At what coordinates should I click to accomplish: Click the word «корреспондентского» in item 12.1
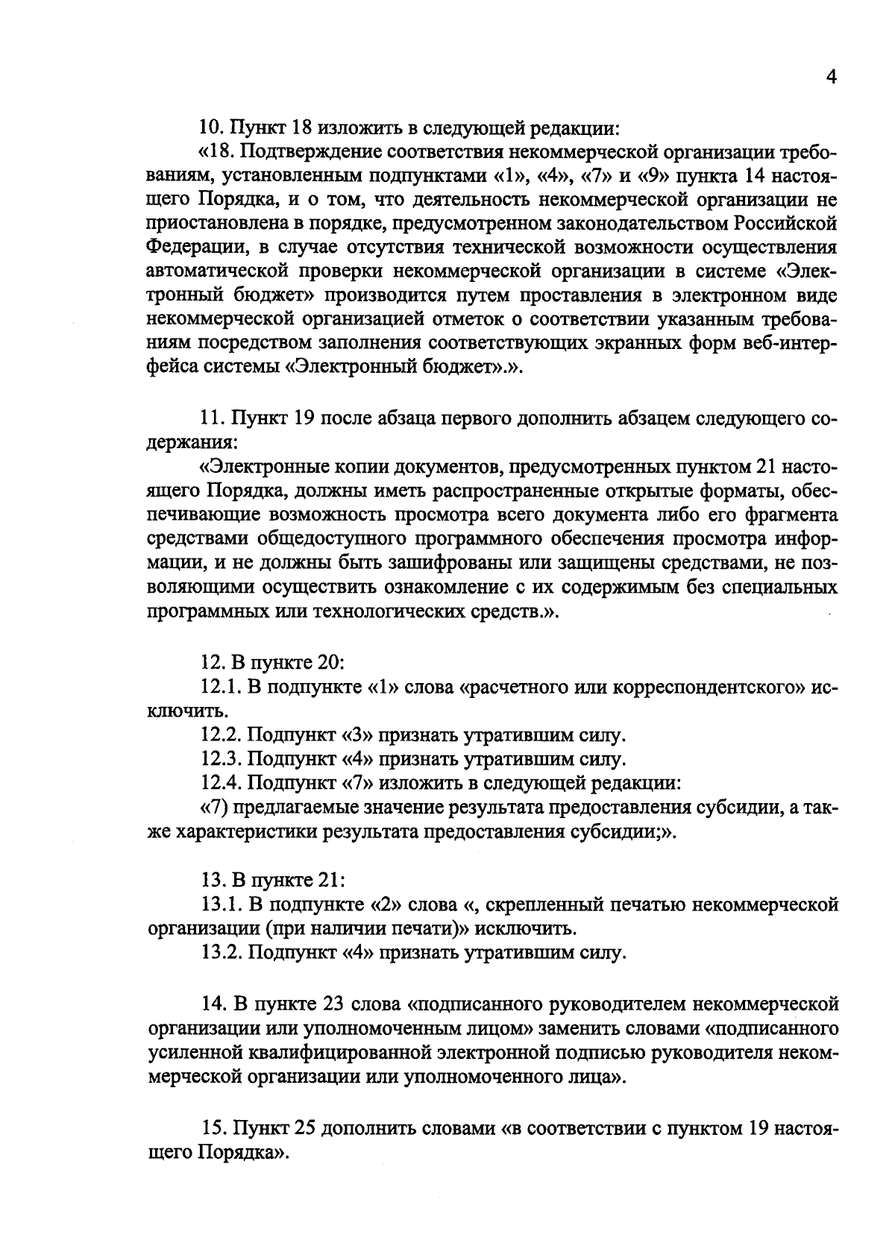[x=706, y=687]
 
